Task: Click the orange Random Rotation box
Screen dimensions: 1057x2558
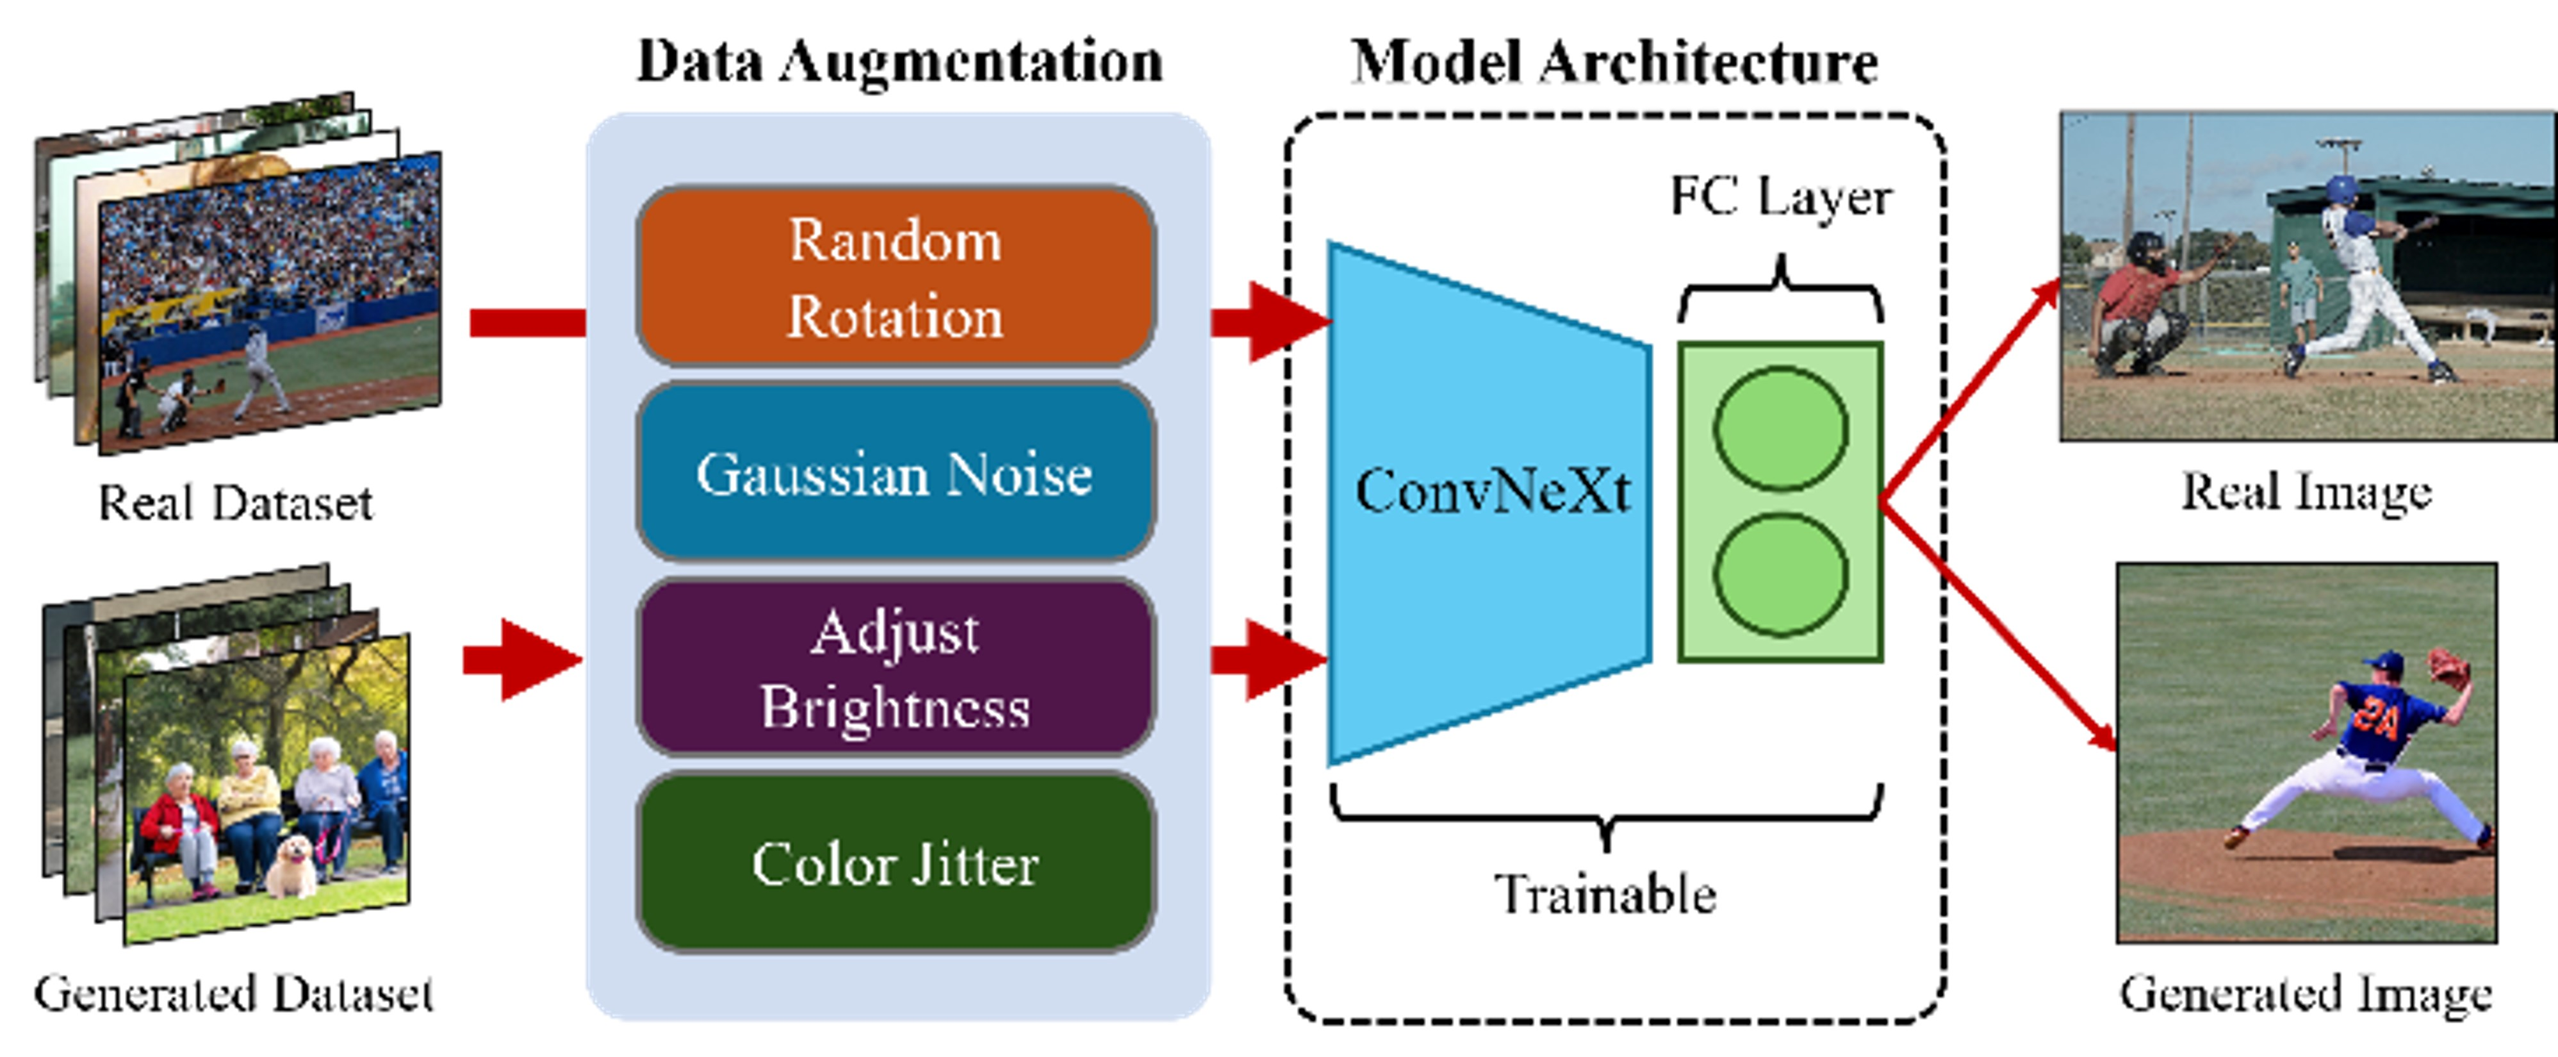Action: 895,276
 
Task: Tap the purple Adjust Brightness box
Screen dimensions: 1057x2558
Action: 895,667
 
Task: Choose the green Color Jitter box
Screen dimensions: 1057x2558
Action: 895,862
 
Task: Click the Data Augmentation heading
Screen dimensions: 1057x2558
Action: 899,62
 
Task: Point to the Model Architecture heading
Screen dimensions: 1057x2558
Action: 1614,62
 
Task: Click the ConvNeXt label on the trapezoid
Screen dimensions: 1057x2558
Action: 1491,491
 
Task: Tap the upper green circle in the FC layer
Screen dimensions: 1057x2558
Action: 1780,429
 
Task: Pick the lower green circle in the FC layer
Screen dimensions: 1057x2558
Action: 1780,574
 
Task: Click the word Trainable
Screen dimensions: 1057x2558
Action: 1605,894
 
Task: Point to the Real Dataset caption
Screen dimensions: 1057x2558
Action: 235,503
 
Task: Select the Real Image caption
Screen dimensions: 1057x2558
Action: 2306,491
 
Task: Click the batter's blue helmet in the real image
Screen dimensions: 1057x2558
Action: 2341,188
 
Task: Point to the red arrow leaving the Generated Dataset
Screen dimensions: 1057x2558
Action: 521,660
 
